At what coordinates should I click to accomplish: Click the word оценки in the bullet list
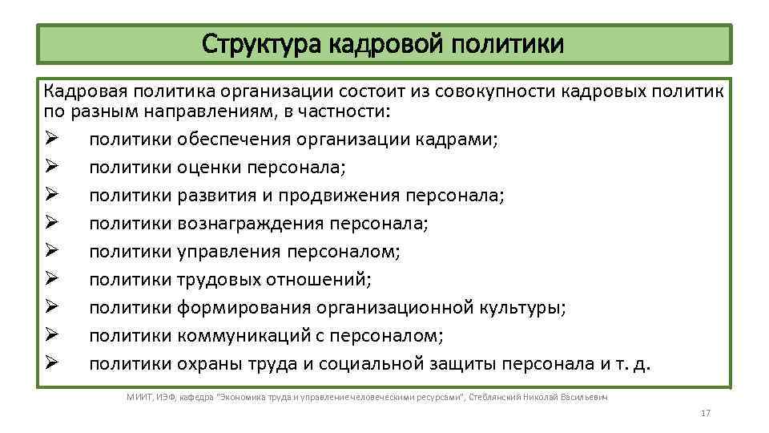tap(207, 168)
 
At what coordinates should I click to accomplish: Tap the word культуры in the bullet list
tap(524, 309)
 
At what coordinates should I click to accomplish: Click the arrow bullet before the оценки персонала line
tap(52, 168)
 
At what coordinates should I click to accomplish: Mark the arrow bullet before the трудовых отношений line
tap(52, 281)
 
